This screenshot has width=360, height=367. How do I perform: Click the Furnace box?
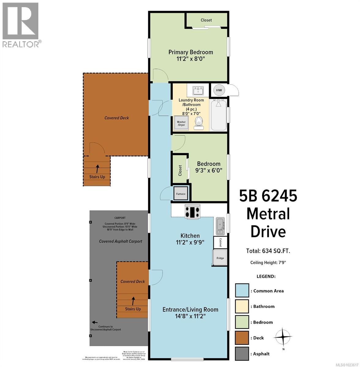point(181,194)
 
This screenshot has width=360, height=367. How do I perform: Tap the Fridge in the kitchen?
point(220,258)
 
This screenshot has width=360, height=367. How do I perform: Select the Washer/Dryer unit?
point(181,123)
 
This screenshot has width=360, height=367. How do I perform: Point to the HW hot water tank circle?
point(219,90)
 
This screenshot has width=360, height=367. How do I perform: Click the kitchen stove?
point(192,212)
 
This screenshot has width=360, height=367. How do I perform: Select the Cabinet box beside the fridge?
point(220,243)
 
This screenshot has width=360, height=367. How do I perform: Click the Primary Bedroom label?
point(190,52)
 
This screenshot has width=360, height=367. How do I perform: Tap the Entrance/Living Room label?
point(190,310)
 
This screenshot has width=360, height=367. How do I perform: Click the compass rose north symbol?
point(283,337)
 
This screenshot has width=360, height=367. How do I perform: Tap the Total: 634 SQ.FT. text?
point(268,251)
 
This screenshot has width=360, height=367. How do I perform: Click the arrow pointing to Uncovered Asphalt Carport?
point(95,322)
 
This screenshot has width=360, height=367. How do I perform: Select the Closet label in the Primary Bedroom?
point(206,20)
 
